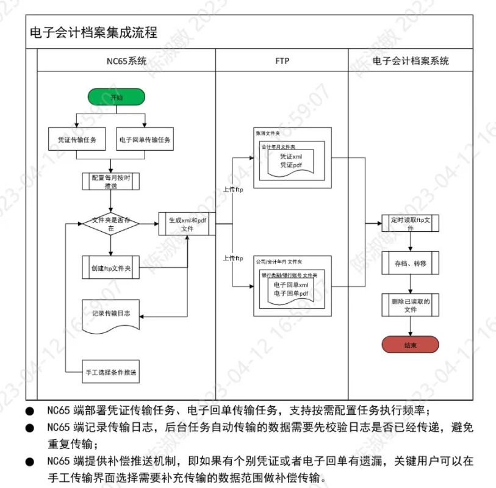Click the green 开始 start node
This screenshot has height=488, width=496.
(116, 97)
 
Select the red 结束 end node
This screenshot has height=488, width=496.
(410, 345)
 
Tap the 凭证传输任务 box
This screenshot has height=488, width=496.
(76, 139)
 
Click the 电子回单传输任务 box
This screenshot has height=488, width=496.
(145, 139)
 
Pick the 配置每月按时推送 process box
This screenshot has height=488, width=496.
(110, 181)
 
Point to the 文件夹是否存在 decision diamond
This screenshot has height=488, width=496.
(110, 224)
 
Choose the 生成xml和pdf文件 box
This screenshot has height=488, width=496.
(187, 224)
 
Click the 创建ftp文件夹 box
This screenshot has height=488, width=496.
(110, 267)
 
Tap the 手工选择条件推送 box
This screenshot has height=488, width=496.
(110, 371)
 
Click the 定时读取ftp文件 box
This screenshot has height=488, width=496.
(410, 223)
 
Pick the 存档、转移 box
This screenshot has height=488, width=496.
(410, 264)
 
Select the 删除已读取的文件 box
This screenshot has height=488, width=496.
(410, 305)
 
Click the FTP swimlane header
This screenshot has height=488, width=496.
(282, 61)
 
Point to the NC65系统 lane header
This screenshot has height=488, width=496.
(126, 61)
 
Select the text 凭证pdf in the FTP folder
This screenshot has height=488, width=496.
(291, 165)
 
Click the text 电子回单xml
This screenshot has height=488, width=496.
(291, 285)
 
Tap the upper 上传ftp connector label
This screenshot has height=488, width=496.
(233, 189)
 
